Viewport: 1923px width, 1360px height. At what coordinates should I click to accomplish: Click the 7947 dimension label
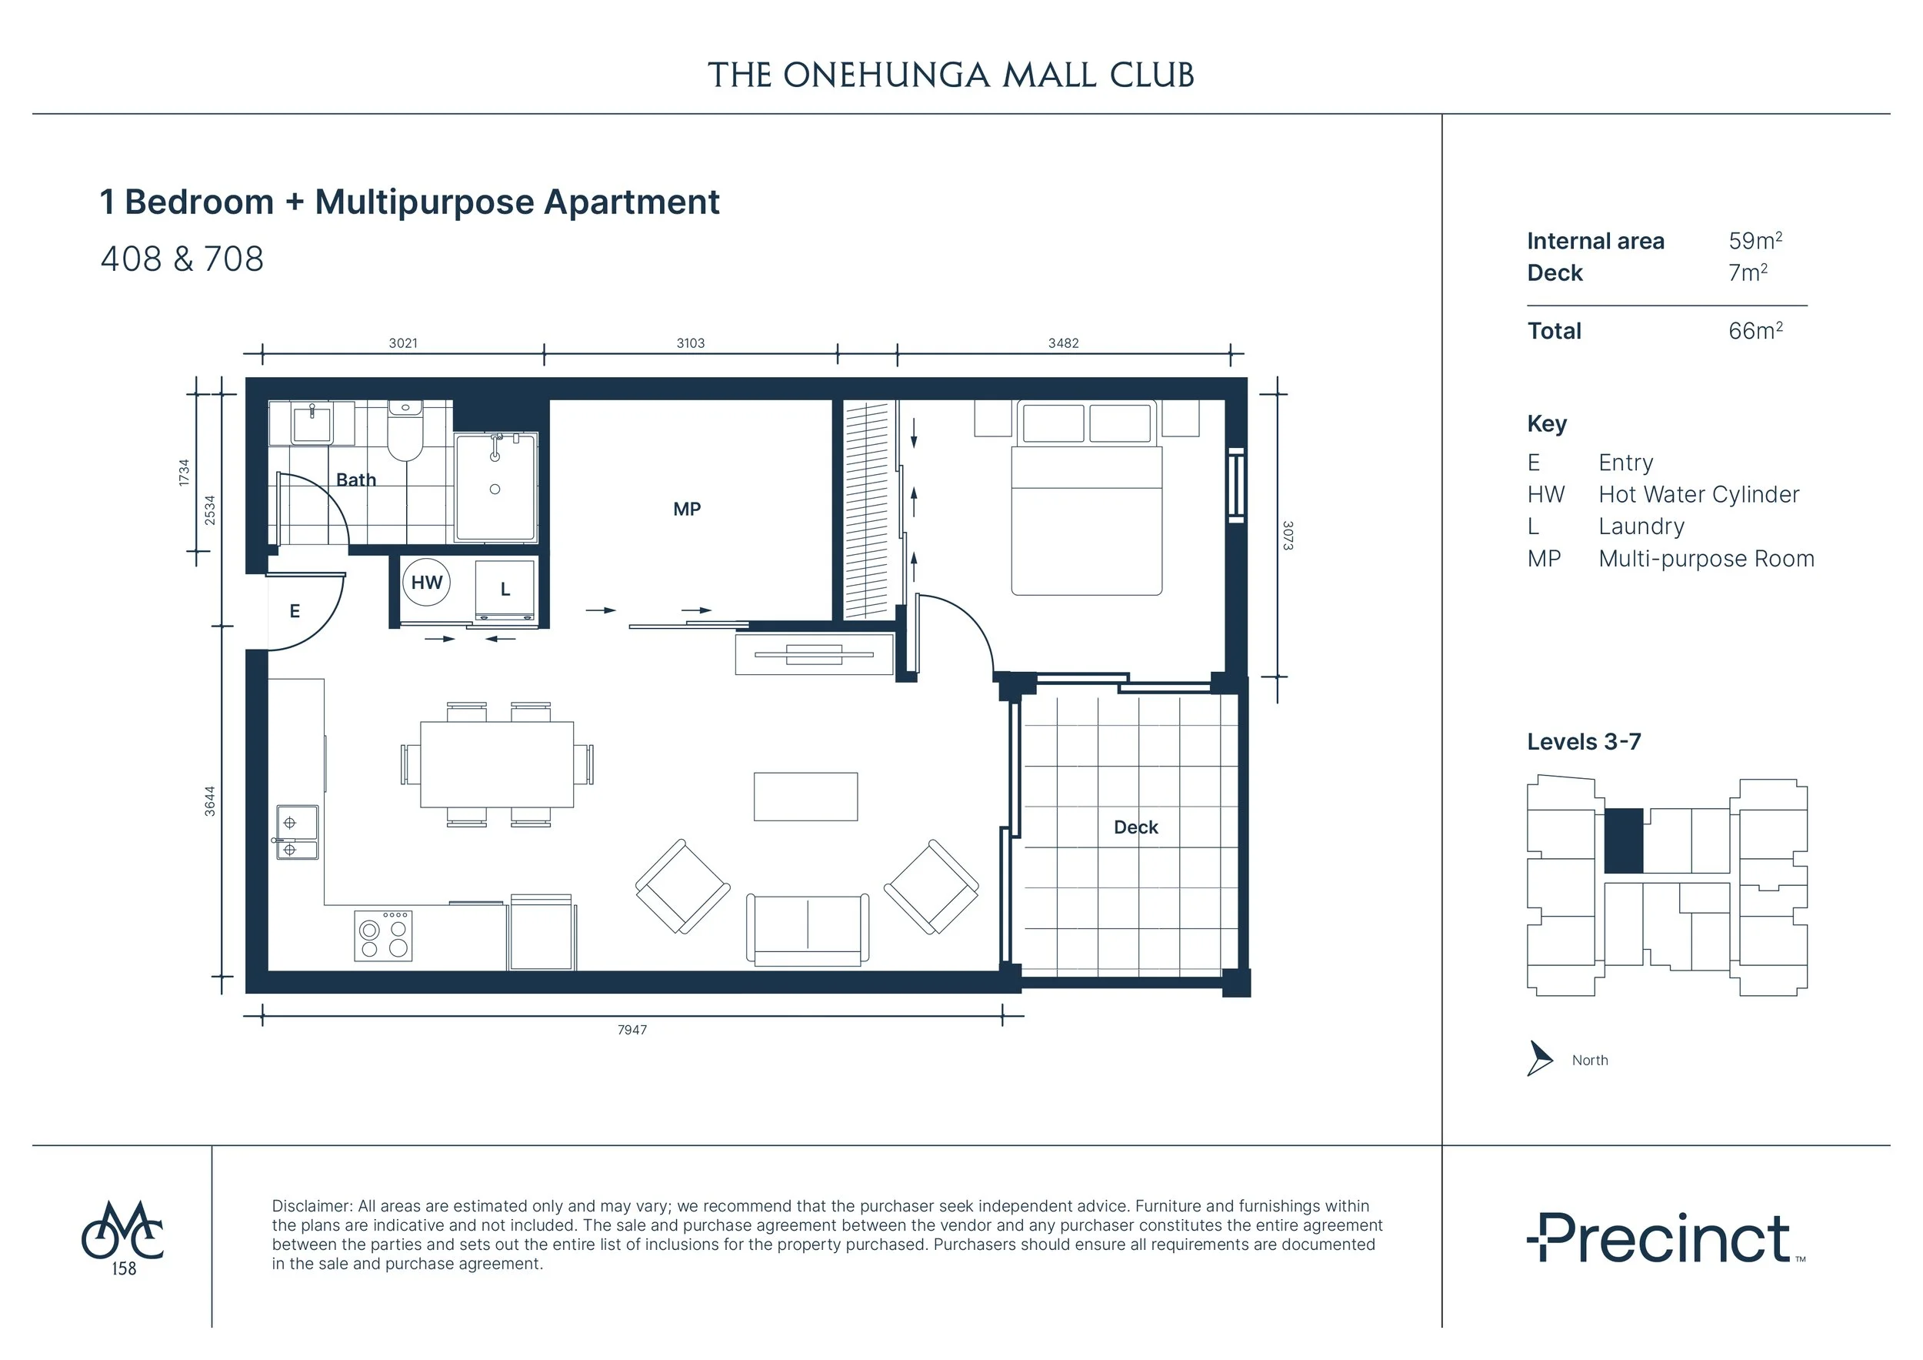(632, 1030)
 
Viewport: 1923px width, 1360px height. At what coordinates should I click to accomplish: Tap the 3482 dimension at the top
(1063, 343)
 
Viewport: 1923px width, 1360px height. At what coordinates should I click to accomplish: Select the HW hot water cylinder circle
(426, 583)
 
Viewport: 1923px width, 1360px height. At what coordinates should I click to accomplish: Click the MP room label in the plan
(687, 509)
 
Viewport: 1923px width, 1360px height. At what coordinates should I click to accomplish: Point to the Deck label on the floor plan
(1135, 827)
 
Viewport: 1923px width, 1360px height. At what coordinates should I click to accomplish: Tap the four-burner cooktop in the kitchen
(383, 936)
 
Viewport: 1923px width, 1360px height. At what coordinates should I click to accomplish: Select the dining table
(497, 764)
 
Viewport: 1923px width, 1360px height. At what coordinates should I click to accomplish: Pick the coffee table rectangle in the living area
(805, 796)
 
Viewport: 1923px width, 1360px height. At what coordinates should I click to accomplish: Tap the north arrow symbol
(1538, 1058)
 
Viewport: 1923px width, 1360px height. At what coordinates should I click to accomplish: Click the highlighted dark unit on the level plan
(1623, 840)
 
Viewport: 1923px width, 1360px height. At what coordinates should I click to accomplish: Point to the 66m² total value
(1755, 330)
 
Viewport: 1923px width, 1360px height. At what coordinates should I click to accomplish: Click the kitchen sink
(298, 833)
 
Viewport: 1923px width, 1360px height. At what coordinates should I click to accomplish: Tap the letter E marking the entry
(295, 612)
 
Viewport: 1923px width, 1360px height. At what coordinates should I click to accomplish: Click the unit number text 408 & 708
(182, 259)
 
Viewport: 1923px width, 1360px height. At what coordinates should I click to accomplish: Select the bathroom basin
(312, 423)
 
